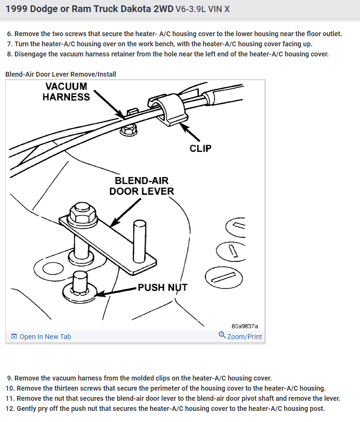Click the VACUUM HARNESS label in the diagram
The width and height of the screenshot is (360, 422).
[x=66, y=92]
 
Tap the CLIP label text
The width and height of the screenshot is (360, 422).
[x=200, y=149]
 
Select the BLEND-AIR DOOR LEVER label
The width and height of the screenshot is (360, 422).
[x=141, y=186]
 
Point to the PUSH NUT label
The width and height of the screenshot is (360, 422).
[x=162, y=288]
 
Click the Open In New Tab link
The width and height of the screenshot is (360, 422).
[x=45, y=337]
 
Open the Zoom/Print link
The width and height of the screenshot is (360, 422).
[x=244, y=337]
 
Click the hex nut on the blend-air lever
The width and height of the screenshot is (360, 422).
[x=80, y=212]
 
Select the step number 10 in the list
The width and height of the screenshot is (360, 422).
[x=10, y=388]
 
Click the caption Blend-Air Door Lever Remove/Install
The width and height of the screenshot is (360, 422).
[x=60, y=74]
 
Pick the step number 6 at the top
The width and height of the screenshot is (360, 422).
[x=10, y=34]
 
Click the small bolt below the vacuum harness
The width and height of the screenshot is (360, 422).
[x=128, y=129]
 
